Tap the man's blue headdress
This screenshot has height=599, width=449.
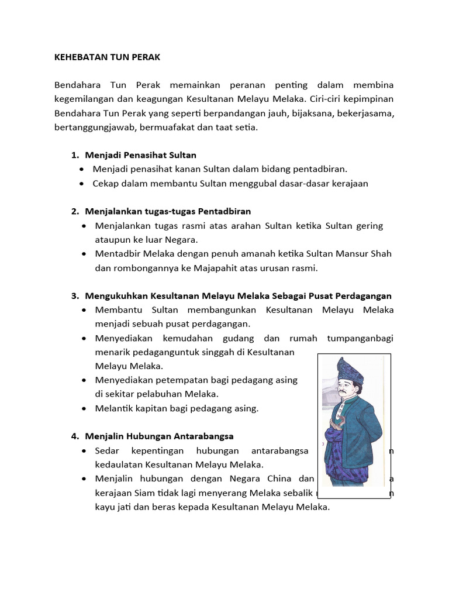pyautogui.click(x=350, y=369)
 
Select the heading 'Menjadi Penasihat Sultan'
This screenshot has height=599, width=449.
pyautogui.click(x=140, y=155)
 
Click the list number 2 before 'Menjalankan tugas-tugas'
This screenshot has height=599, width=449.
pyautogui.click(x=74, y=211)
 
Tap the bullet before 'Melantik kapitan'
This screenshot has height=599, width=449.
pyautogui.click(x=85, y=408)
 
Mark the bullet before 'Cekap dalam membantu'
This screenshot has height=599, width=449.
pyautogui.click(x=82, y=183)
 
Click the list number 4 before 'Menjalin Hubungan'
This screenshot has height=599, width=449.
pyautogui.click(x=74, y=436)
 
